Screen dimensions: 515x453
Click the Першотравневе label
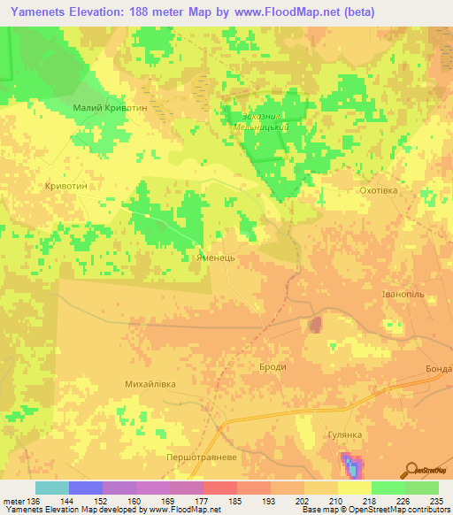tap(201, 457)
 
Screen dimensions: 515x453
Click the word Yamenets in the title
tap(44, 12)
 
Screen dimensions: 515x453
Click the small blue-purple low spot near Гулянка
tap(352, 463)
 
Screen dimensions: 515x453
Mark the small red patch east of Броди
tap(314, 326)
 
